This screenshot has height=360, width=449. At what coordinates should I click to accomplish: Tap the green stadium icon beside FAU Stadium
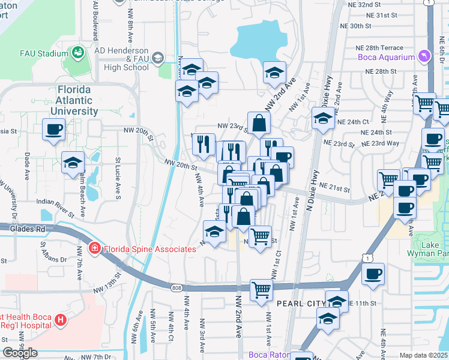point(77,53)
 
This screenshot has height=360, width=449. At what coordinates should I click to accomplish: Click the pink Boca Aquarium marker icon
point(425,57)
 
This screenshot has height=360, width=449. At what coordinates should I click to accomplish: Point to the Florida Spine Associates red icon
point(94,248)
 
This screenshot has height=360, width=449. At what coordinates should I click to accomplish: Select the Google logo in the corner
point(19,353)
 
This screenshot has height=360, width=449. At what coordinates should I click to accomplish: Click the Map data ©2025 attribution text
point(423,355)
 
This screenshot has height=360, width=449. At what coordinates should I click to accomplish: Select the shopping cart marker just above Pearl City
point(261,290)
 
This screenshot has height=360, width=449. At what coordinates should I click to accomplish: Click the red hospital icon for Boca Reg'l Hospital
point(59,320)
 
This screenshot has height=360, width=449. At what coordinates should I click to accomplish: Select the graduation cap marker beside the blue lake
point(274,73)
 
